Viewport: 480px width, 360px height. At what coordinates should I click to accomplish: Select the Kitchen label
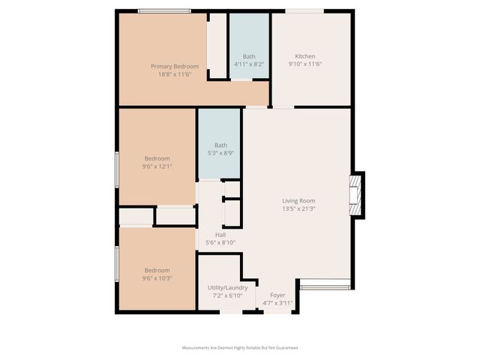(x=304, y=56)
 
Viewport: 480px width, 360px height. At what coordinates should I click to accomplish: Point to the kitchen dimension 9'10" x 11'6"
(x=304, y=64)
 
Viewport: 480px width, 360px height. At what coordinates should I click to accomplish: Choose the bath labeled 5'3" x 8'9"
(x=220, y=145)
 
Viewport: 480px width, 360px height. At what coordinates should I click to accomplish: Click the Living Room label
(x=298, y=200)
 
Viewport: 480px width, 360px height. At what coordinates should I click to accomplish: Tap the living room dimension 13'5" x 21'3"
(x=298, y=208)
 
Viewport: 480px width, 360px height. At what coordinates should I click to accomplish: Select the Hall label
(x=220, y=234)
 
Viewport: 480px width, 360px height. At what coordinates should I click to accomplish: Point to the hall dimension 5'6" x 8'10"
(x=220, y=242)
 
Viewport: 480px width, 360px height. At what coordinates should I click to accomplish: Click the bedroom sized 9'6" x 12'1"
(x=157, y=158)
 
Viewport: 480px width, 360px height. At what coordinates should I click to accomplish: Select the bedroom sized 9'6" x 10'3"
(x=157, y=270)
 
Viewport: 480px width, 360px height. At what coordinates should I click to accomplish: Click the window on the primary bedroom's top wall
(x=163, y=10)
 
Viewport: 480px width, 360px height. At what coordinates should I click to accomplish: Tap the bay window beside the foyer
(x=325, y=285)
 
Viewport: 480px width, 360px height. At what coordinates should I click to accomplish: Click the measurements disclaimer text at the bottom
(x=240, y=348)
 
